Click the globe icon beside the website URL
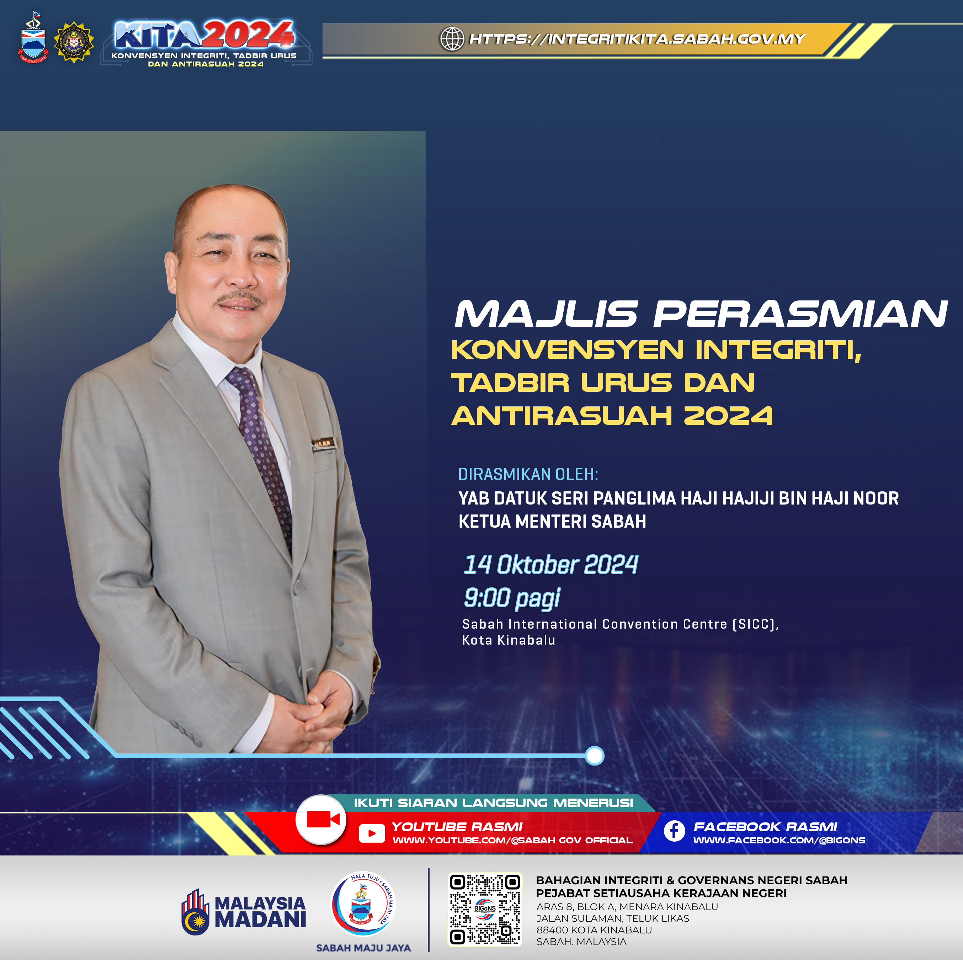click(x=452, y=38)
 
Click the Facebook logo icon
click(x=674, y=831)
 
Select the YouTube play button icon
click(x=371, y=833)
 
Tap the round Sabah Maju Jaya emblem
click(x=363, y=904)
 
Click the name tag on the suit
click(x=323, y=442)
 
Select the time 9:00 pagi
click(x=512, y=598)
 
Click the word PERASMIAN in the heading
click(x=800, y=314)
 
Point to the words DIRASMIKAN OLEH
click(x=528, y=474)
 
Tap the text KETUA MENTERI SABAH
click(x=552, y=521)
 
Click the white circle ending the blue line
click(x=594, y=756)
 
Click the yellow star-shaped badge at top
click(x=74, y=42)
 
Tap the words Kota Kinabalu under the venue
click(x=509, y=640)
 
